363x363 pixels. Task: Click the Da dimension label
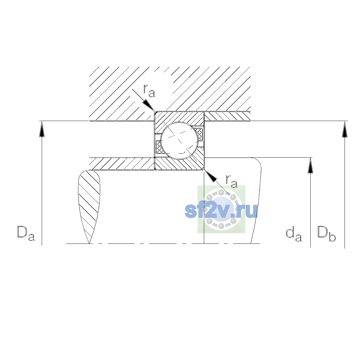(26, 234)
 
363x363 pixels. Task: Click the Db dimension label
(326, 234)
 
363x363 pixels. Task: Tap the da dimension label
(294, 235)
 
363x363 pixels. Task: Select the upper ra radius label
(149, 91)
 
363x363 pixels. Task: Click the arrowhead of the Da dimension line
(42, 129)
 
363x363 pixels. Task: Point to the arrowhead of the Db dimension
(345, 129)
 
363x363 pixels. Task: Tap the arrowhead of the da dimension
(310, 165)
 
